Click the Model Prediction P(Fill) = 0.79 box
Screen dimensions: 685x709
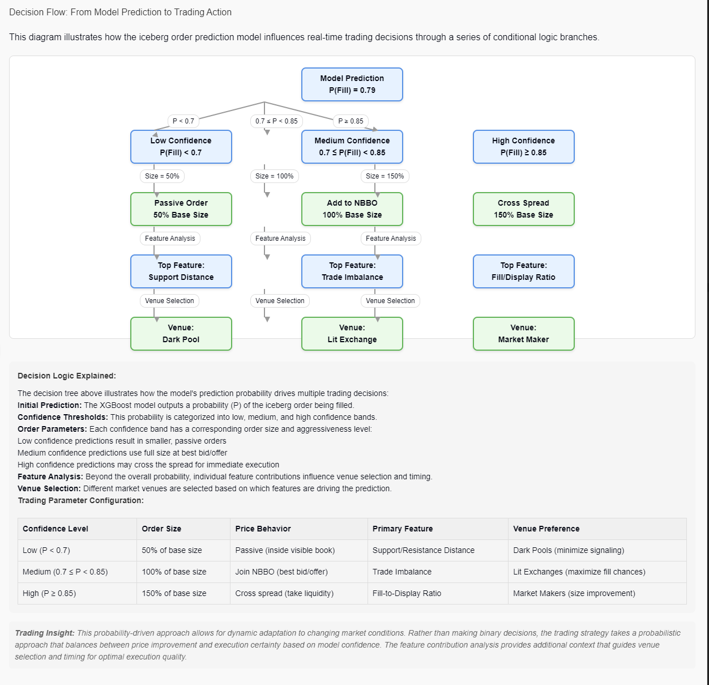[x=352, y=84]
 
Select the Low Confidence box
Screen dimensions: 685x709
[x=181, y=147]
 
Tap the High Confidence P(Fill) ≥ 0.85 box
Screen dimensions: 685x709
[x=523, y=147]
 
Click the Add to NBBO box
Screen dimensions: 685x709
[x=352, y=209]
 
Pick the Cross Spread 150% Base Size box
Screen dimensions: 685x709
[x=523, y=209]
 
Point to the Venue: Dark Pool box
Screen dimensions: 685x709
[x=181, y=334]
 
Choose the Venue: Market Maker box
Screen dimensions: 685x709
[x=523, y=334]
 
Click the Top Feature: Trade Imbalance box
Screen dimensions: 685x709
[x=352, y=271]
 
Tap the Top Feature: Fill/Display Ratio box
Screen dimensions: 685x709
[x=523, y=271]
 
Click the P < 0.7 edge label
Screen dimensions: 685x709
[x=183, y=121]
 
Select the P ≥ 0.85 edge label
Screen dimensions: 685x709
[x=351, y=121]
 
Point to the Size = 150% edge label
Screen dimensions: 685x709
[x=385, y=176]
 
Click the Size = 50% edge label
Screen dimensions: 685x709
[x=162, y=176]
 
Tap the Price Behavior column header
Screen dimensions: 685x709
[x=263, y=529]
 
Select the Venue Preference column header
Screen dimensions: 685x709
[x=546, y=529]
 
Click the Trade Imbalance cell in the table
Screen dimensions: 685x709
[x=402, y=572]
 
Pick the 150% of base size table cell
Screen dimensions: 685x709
[x=174, y=593]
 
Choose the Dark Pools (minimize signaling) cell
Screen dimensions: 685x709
[x=568, y=550]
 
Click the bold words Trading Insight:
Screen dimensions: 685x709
[x=44, y=633]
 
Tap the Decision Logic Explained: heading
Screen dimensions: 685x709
[x=66, y=376]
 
